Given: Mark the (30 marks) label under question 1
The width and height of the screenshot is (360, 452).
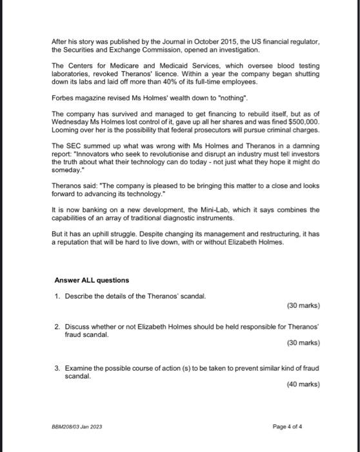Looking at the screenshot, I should click(x=303, y=305).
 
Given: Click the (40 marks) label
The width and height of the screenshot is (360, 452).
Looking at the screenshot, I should click(x=303, y=385).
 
